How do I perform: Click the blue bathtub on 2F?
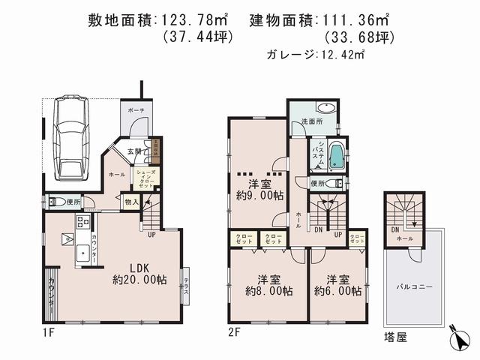[337, 156]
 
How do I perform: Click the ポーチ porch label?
[136, 110]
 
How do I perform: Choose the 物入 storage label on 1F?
[130, 201]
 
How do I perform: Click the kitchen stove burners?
[82, 222]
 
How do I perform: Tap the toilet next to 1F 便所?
[55, 201]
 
